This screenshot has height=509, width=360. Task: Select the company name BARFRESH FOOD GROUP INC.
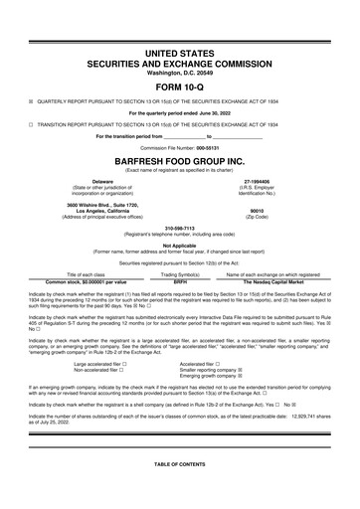179,159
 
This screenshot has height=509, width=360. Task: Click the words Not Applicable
179,245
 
